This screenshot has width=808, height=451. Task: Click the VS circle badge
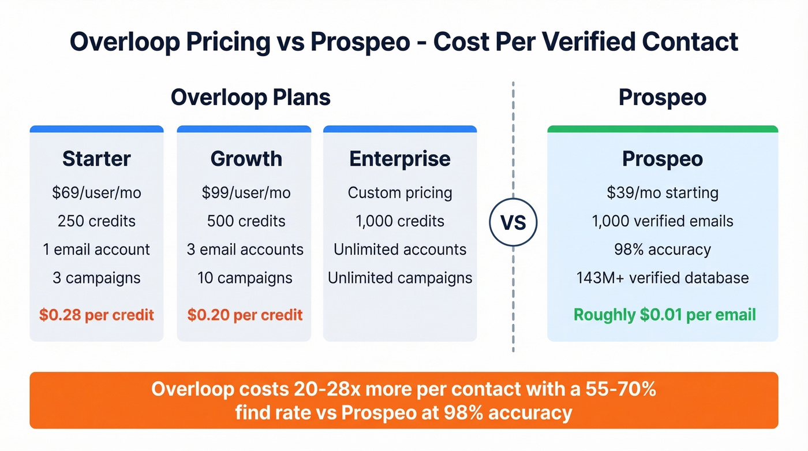point(513,222)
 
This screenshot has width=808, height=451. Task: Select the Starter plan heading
point(96,159)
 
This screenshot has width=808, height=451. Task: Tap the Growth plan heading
point(246,159)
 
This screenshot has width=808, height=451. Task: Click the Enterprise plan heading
point(399,159)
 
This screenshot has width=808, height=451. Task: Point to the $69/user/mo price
point(96,192)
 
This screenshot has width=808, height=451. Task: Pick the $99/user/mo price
point(246,192)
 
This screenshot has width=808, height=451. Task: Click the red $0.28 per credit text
point(96,315)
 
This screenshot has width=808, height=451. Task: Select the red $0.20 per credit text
point(245,315)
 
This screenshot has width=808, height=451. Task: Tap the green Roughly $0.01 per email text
point(664,315)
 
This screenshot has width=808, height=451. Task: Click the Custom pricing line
point(399,192)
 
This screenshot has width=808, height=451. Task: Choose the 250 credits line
point(96,221)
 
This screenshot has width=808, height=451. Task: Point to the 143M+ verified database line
point(662,278)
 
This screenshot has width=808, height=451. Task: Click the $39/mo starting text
point(662,192)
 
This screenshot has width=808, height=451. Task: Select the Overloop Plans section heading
point(250,97)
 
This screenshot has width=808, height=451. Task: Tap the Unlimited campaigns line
point(399,278)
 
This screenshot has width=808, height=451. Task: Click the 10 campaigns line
point(245,278)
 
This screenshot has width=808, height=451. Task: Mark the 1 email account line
point(96,249)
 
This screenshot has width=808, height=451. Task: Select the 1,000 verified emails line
point(662,221)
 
